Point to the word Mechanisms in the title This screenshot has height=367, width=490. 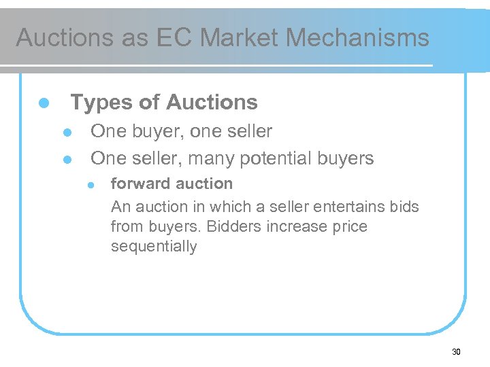click(357, 37)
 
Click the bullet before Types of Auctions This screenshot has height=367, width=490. click(43, 103)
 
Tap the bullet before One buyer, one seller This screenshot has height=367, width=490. click(67, 132)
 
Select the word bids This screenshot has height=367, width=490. click(406, 206)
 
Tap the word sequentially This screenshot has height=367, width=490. click(154, 247)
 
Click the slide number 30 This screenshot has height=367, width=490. click(456, 352)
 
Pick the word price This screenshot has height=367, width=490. click(349, 226)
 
